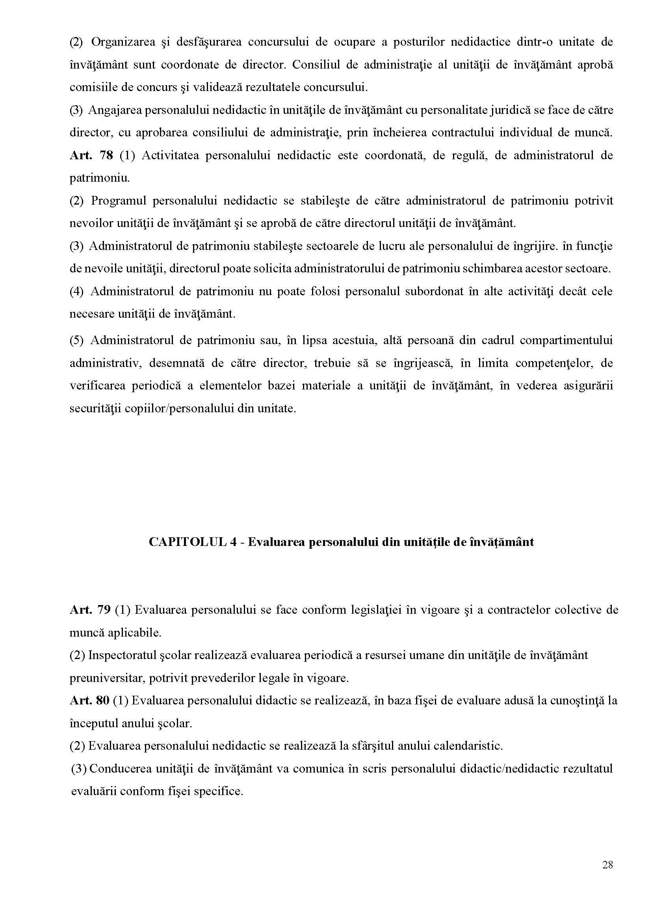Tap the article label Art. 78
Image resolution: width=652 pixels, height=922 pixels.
[91, 155]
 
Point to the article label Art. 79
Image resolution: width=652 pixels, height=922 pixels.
[90, 610]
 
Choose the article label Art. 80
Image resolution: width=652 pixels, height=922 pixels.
[89, 700]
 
